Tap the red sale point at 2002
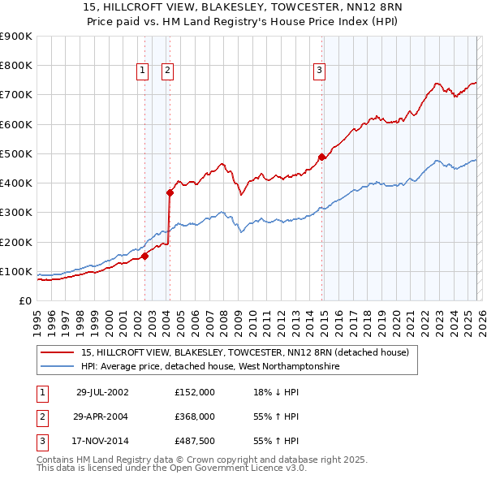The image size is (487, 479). point(145,256)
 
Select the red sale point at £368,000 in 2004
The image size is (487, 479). point(170,192)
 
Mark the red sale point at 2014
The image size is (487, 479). point(321,158)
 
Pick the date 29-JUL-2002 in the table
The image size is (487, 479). point(102,391)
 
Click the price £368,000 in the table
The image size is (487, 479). point(195,416)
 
